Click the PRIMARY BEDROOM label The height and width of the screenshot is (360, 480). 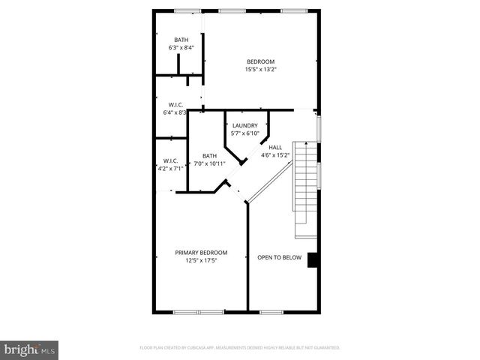click(201, 253)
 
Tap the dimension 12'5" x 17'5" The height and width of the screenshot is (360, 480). click(201, 261)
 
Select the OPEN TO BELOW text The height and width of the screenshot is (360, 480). click(279, 258)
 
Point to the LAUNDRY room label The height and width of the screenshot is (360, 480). click(245, 125)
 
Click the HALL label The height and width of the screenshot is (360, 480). click(275, 147)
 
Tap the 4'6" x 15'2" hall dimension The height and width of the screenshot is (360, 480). click(275, 156)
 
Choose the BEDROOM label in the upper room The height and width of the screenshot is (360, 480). click(260, 61)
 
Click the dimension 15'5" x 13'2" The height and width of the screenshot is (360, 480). click(260, 70)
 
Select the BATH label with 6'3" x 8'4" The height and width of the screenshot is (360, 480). click(181, 40)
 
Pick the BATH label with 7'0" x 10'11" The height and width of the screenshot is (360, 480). click(209, 155)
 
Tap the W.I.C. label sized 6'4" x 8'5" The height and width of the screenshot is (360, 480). click(176, 104)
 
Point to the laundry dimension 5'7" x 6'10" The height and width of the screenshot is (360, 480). click(245, 133)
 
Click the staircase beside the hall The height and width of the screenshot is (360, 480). click(305, 187)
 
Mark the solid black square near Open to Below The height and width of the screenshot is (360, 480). click(313, 259)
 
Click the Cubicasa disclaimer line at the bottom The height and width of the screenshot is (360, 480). click(240, 348)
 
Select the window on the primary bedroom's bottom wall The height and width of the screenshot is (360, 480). click(199, 311)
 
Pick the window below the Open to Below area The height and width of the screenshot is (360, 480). click(271, 311)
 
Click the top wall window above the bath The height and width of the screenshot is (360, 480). click(187, 10)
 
